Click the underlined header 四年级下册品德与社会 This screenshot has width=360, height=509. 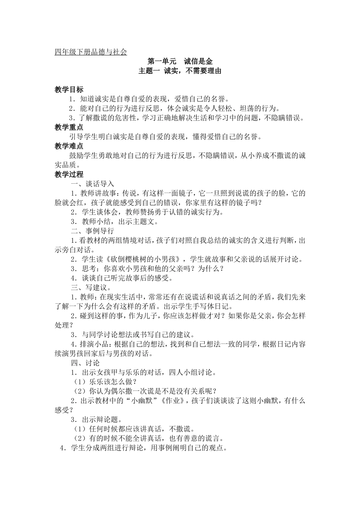coord(91,52)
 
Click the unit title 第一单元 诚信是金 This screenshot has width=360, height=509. coord(180,61)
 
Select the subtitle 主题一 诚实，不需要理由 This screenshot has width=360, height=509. coord(180,71)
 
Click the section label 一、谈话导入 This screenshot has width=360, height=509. coord(92,184)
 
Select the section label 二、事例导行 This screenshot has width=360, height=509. coord(92,231)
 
